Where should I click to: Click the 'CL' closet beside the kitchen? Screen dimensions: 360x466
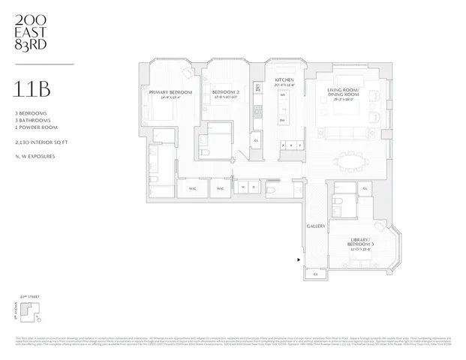[257, 140]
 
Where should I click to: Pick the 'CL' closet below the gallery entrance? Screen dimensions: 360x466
[316, 274]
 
